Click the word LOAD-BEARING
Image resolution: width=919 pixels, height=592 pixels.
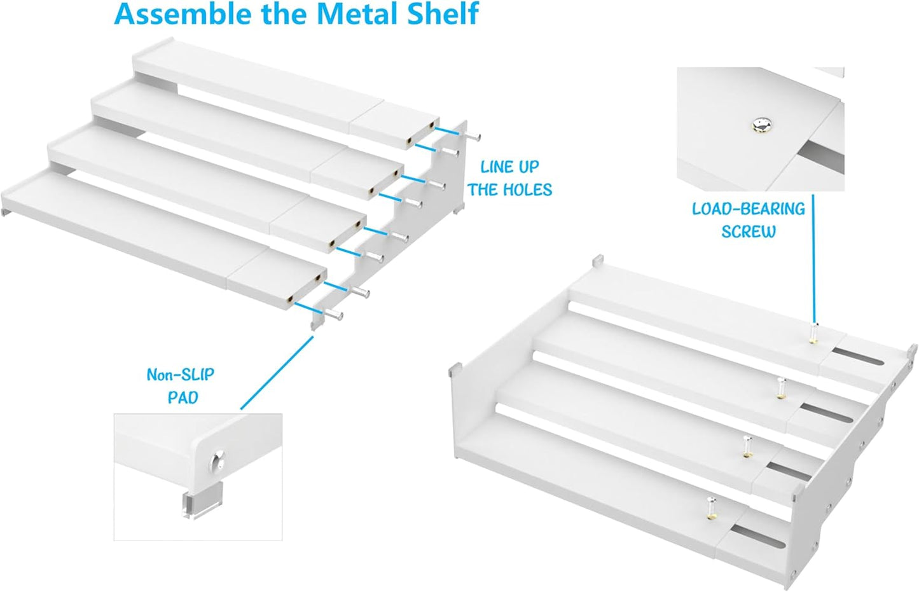748,209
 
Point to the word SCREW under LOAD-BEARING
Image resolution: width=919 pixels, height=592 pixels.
748,232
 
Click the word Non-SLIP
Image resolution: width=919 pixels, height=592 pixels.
181,375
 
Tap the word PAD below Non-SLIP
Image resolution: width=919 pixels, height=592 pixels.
183,398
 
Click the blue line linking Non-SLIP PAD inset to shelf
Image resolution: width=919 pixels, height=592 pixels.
277,373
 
